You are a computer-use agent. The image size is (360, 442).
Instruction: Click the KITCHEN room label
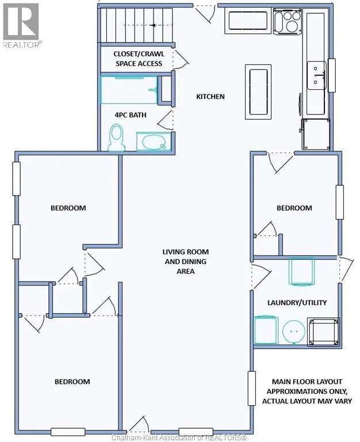tap(210, 97)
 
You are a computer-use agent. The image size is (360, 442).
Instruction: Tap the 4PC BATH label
tap(131, 115)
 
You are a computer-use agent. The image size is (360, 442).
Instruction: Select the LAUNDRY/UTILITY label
tap(297, 303)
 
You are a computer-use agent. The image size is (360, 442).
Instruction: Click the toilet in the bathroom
tap(116, 138)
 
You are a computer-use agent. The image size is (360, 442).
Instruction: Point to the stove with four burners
tap(288, 21)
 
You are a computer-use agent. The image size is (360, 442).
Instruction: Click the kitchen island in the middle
tap(258, 92)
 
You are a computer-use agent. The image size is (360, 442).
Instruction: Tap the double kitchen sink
tap(316, 75)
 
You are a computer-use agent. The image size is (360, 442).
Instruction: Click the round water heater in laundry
tap(294, 331)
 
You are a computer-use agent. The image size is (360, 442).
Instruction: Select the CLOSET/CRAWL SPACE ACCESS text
tap(139, 59)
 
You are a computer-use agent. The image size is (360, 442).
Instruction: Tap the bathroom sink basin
tap(154, 142)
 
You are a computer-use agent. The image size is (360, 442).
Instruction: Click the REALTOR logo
tap(21, 26)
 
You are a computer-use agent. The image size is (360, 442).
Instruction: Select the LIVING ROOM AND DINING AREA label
tap(186, 261)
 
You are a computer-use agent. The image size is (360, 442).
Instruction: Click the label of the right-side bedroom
tap(294, 208)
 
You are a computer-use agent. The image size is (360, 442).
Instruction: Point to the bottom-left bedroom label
tap(72, 382)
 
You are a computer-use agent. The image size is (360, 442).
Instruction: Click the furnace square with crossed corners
tap(323, 331)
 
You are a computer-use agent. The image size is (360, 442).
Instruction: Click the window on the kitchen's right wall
tap(332, 75)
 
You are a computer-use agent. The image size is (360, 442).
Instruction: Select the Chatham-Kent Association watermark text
tap(179, 438)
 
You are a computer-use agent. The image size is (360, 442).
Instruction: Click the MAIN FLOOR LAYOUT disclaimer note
tap(307, 391)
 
